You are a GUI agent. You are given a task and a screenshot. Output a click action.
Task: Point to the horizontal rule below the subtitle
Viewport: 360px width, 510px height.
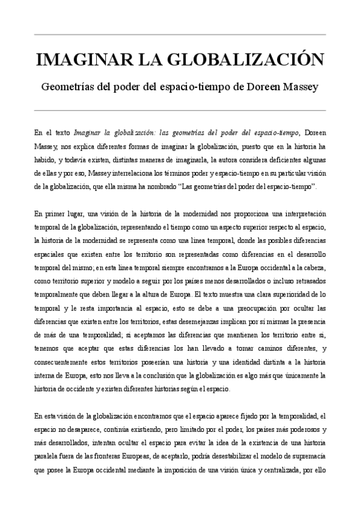[x=180, y=111]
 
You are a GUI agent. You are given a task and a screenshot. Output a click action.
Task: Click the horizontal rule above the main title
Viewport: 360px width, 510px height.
[x=180, y=34]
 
